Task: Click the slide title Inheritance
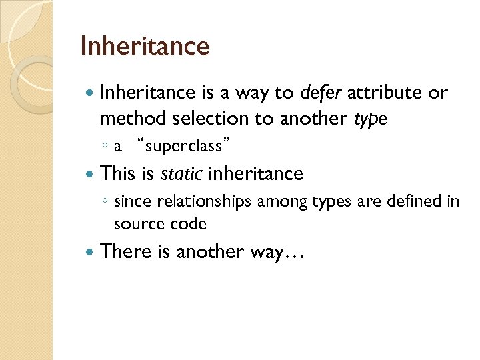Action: [x=144, y=47]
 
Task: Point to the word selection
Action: [x=205, y=119]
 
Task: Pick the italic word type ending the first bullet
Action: [x=370, y=119]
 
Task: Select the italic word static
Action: [x=181, y=174]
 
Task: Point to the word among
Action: [x=280, y=201]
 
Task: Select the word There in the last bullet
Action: [x=122, y=251]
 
